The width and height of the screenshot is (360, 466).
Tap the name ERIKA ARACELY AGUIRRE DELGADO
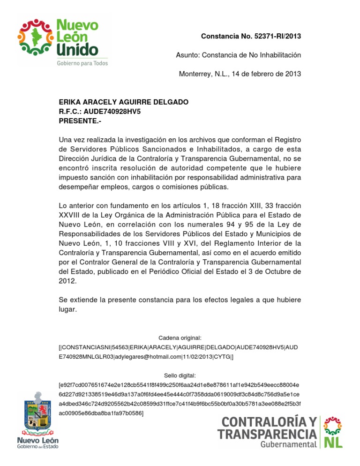pyautogui.click(x=123, y=102)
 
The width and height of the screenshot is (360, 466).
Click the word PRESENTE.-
pyautogui.click(x=80, y=121)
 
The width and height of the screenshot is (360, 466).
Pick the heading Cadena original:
pyautogui.click(x=180, y=338)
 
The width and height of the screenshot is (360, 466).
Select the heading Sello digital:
pyautogui.click(x=180, y=376)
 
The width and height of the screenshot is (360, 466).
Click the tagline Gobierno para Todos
pyautogui.click(x=82, y=63)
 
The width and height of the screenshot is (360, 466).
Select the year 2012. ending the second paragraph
pyautogui.click(x=67, y=281)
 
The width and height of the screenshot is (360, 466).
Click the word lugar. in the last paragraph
pyautogui.click(x=67, y=309)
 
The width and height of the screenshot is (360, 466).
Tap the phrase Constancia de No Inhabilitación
pyautogui.click(x=252, y=55)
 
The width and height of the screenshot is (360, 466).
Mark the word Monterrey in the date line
pyautogui.click(x=195, y=74)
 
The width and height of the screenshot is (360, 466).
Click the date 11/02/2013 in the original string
pyautogui.click(x=197, y=357)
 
